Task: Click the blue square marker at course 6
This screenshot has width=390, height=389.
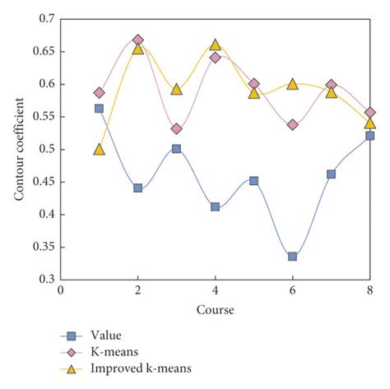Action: point(292,257)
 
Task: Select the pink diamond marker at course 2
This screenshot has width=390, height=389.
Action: point(137,39)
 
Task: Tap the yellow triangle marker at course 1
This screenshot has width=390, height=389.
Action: point(99,150)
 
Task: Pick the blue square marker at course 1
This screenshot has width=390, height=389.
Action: point(99,108)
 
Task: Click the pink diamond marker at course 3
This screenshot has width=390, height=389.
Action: point(176,129)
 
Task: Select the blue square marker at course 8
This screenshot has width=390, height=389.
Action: point(369,136)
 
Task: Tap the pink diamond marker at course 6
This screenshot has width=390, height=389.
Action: point(292,125)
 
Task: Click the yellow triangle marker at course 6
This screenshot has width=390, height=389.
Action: point(292,84)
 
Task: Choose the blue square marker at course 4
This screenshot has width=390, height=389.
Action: point(215,206)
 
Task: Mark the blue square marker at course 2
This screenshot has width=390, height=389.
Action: point(137,188)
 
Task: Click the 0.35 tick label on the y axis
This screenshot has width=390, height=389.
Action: point(44,247)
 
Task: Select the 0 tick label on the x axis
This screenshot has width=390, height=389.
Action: point(60,291)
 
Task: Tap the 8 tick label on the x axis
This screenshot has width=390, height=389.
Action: point(369,291)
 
